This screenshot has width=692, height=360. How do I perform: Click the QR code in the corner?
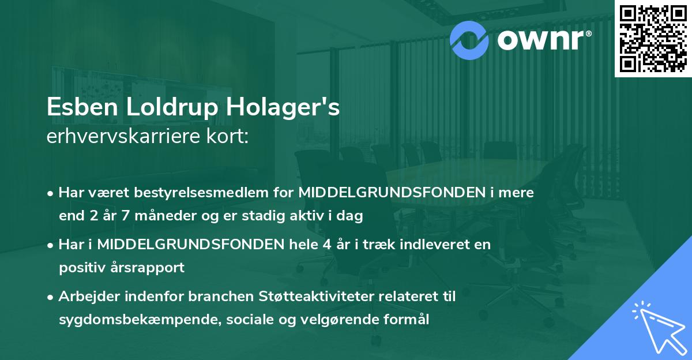pos(653,39)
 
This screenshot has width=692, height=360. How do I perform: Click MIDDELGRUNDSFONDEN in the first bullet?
pos(393,192)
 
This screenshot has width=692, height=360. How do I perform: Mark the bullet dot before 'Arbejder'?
pos(51,297)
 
